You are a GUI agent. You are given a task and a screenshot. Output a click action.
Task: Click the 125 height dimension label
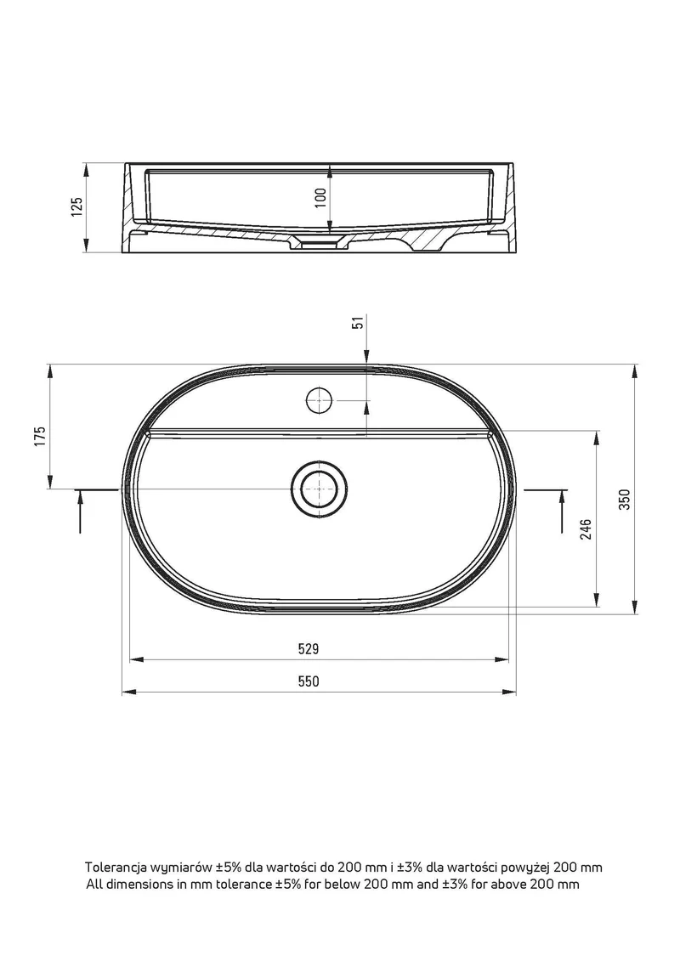[76, 207]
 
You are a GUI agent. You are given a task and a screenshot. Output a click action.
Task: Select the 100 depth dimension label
[320, 197]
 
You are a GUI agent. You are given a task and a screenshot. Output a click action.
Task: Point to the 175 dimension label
[40, 437]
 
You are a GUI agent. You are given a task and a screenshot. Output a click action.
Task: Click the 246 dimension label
[586, 529]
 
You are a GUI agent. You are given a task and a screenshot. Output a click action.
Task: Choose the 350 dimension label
[624, 500]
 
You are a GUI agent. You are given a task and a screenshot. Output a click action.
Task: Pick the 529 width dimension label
[309, 648]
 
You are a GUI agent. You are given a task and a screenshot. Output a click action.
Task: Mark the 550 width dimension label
[309, 681]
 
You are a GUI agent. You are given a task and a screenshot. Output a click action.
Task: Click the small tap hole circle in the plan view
[319, 401]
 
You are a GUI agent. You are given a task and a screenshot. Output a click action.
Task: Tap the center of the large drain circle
[320, 489]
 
